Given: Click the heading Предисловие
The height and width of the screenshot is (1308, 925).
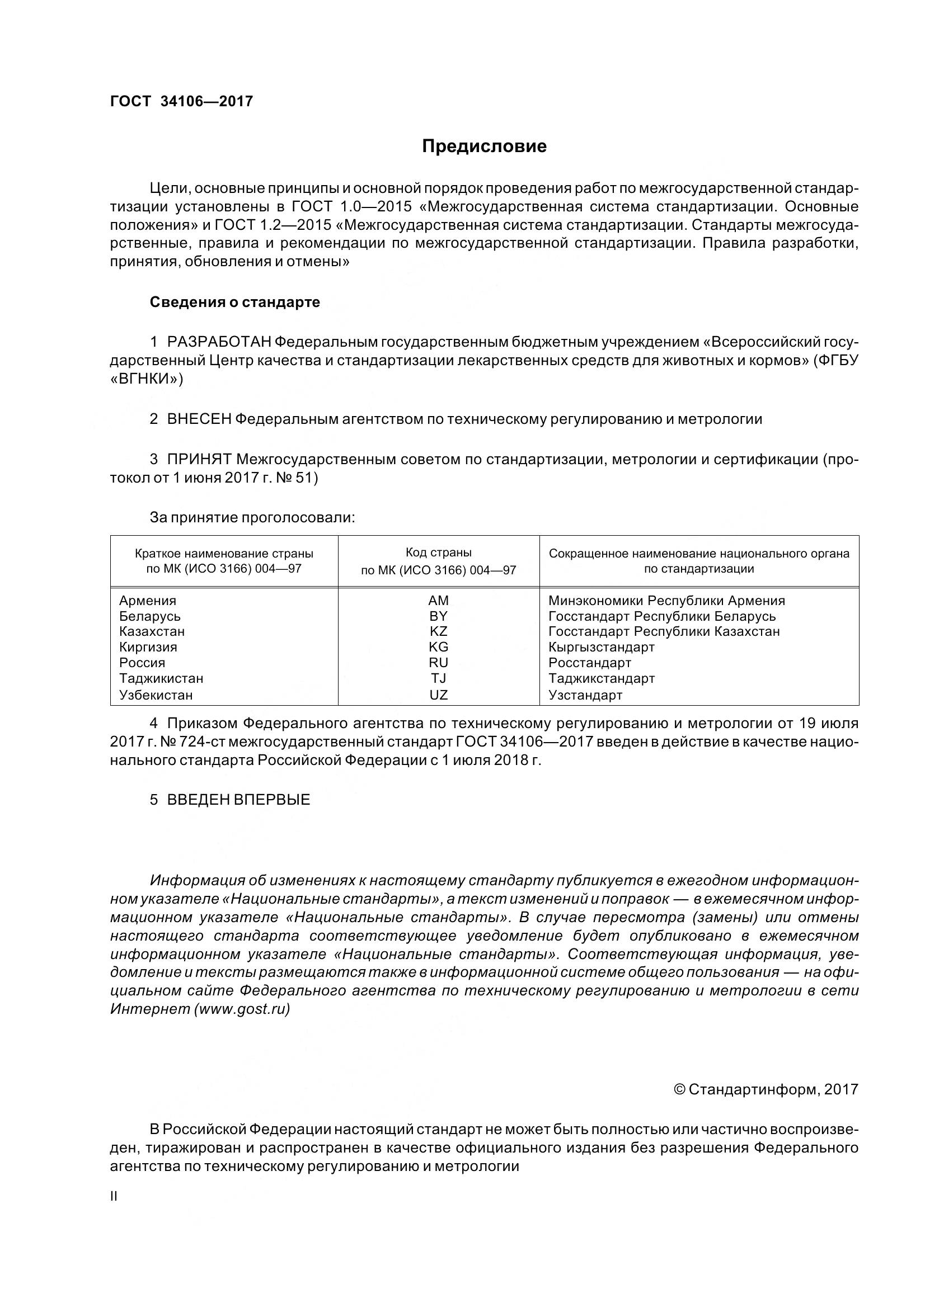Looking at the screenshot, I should [x=484, y=147].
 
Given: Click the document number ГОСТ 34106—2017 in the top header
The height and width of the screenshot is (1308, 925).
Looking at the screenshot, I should [x=181, y=101].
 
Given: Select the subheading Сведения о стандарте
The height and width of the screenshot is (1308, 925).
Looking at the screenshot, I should [x=235, y=302].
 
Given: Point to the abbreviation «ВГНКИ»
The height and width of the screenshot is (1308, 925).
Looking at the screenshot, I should [x=147, y=379].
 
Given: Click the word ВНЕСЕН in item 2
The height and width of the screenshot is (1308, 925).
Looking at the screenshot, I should [x=199, y=419].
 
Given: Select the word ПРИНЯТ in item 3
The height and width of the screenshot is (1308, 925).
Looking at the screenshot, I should [x=199, y=459].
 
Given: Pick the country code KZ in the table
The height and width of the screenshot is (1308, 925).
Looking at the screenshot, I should [x=438, y=631].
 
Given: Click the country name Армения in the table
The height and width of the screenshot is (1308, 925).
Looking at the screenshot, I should [x=148, y=601].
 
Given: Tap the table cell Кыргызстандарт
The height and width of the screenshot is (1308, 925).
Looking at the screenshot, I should [x=602, y=647].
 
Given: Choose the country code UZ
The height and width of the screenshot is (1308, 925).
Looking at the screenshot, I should [x=438, y=695].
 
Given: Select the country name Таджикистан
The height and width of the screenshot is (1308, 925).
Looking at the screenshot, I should [x=161, y=678].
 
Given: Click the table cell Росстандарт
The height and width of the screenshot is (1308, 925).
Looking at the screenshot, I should [x=590, y=663].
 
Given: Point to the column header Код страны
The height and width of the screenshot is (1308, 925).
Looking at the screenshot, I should [x=438, y=553].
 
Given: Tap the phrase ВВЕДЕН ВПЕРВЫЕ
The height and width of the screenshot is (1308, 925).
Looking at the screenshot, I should [x=238, y=799].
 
